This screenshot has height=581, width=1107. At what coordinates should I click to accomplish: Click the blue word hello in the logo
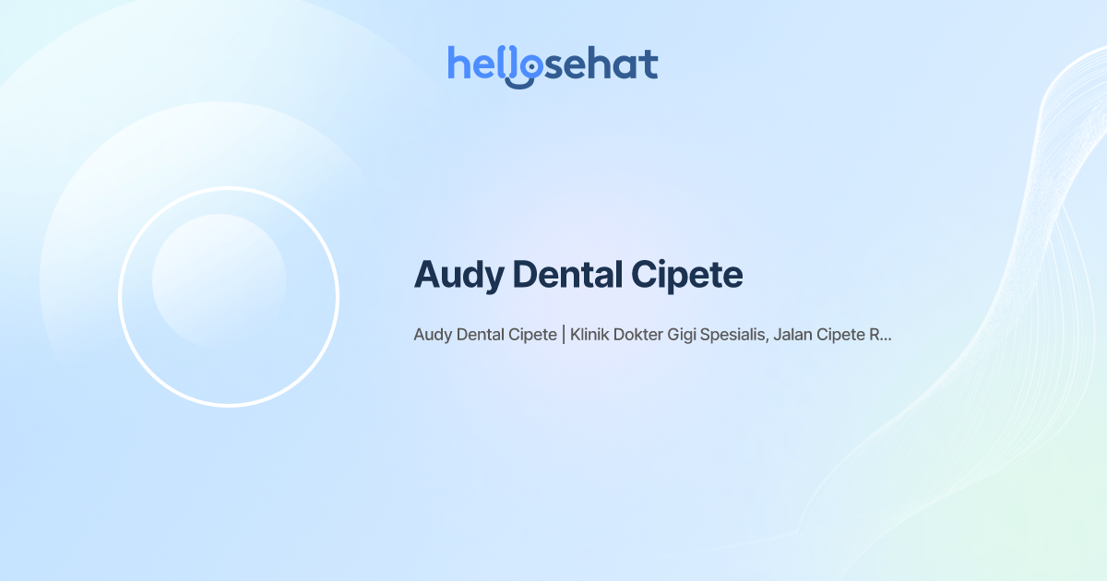pos(484,65)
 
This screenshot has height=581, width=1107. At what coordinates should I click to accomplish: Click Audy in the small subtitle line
pos(433,335)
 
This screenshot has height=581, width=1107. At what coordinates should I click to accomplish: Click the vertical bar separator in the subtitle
pos(564,335)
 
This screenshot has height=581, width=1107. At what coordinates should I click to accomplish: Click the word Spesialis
pos(734,335)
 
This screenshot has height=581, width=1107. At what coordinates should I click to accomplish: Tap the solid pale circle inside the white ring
pos(219,280)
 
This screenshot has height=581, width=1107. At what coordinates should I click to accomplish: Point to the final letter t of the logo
pos(650,65)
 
